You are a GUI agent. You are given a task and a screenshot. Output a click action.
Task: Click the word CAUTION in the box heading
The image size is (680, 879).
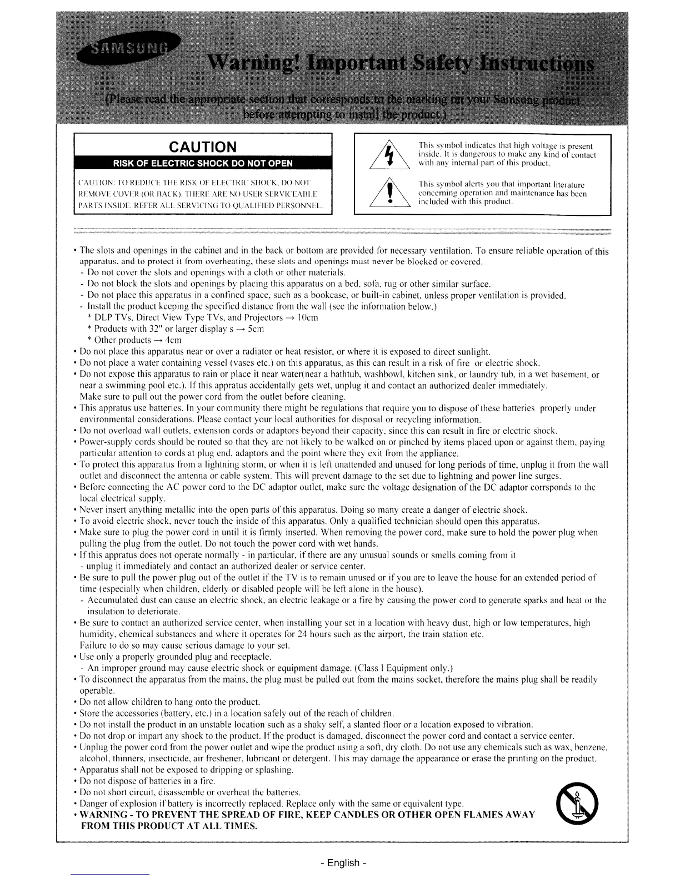[x=203, y=147]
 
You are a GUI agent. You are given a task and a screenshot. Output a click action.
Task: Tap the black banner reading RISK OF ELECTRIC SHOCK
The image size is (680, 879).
[x=203, y=163]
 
